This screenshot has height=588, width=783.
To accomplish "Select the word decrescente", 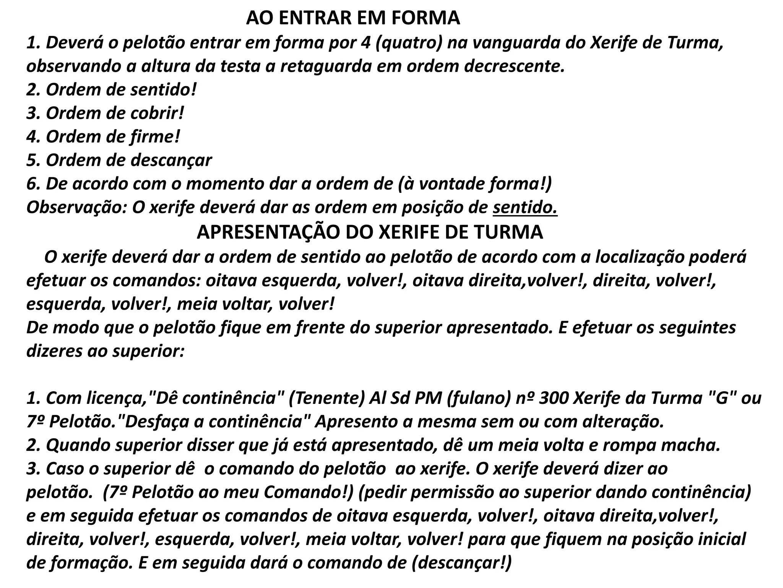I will (514, 66).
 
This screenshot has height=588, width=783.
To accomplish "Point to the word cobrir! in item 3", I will (158, 113).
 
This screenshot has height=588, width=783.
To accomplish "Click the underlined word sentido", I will (525, 207).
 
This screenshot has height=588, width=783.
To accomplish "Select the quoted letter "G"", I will (720, 399).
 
